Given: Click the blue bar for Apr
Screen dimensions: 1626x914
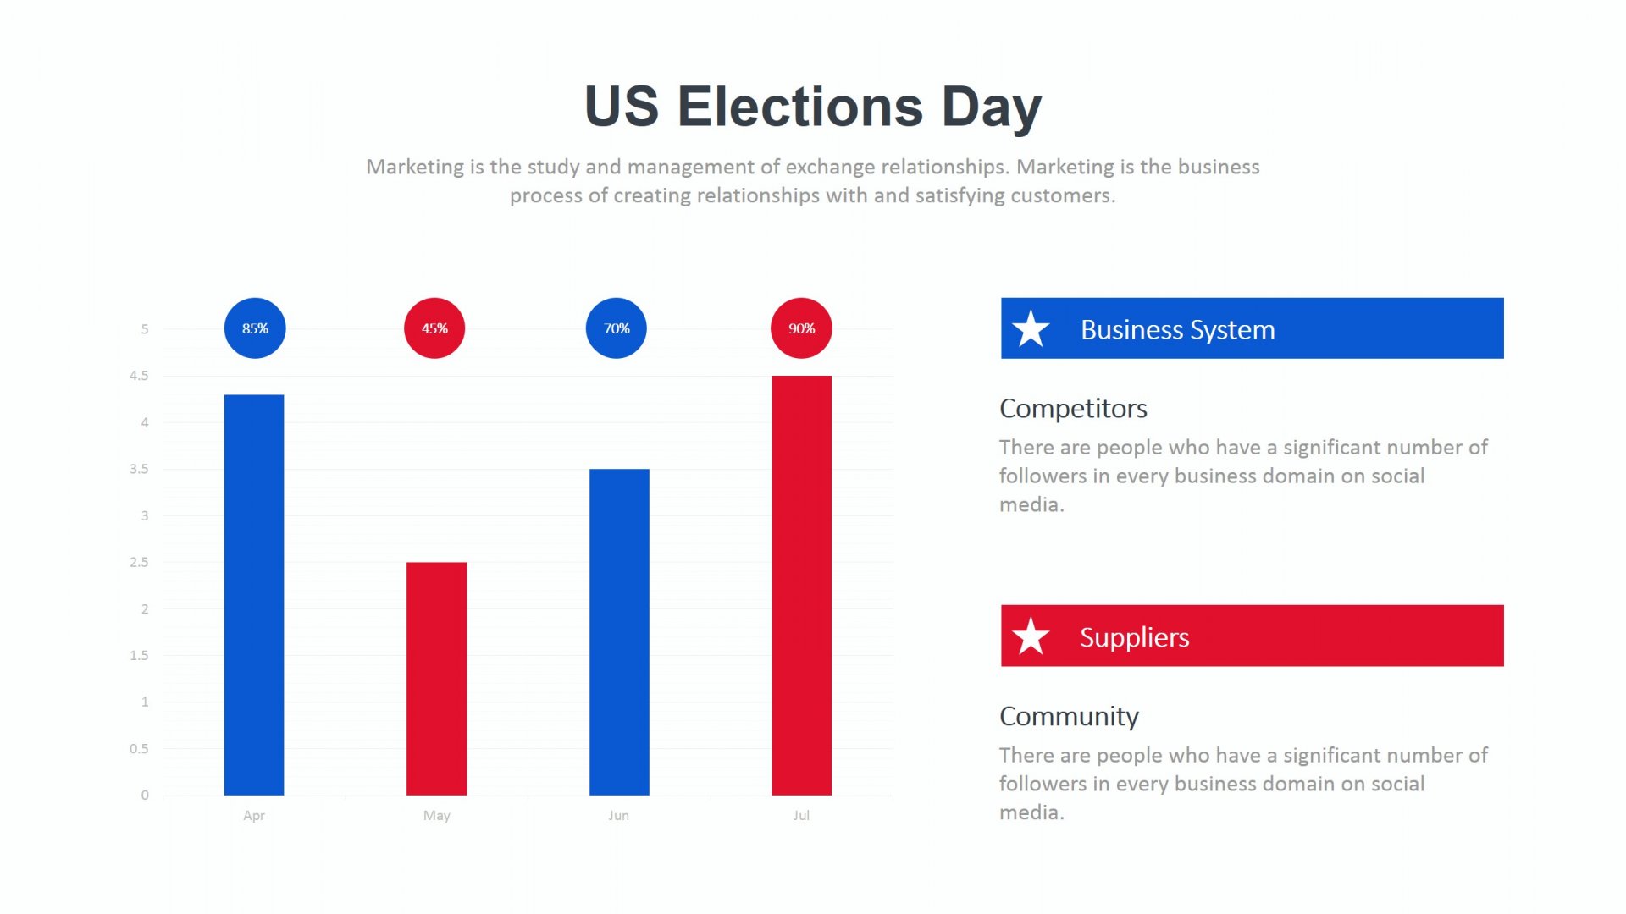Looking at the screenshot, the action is [x=254, y=595].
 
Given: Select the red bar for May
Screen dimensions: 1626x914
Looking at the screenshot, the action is [x=436, y=679].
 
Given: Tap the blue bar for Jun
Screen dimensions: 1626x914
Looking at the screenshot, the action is [x=619, y=632].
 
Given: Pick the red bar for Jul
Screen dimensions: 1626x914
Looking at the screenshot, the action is [x=801, y=586].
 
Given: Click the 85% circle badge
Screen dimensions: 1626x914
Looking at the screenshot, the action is [x=255, y=328].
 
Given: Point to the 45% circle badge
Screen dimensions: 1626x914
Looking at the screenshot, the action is [x=434, y=328].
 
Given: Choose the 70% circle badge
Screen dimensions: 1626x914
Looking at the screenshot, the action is [x=617, y=328].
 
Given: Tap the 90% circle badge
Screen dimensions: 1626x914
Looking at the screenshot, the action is [x=801, y=328].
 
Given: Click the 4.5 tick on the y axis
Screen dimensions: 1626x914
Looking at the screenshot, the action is [x=139, y=376].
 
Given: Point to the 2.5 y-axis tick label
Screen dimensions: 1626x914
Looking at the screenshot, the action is [x=139, y=562].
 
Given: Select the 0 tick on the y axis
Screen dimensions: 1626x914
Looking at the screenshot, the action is [x=145, y=796].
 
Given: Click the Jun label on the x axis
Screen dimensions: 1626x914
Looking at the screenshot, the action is [x=618, y=816].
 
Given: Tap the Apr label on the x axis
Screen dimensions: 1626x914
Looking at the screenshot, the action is [x=254, y=816].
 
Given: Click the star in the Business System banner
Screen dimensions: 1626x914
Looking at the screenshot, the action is [x=1031, y=328].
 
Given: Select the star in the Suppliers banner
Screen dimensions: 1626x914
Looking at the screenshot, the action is [x=1031, y=636].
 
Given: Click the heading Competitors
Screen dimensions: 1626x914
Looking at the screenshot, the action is [x=1073, y=409].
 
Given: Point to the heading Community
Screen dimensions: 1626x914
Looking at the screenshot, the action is [x=1069, y=717].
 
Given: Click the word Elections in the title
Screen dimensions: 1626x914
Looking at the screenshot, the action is [x=800, y=107].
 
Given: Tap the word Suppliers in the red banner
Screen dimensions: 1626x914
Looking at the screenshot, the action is [x=1134, y=637].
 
